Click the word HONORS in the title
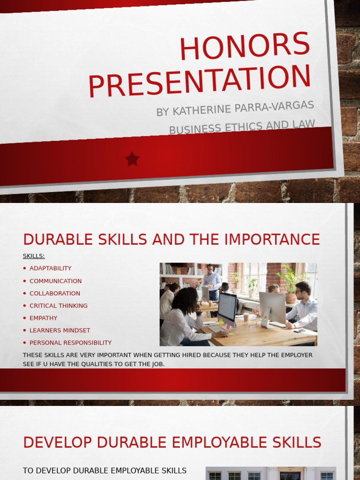pos(245,46)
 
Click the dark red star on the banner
pos(132,159)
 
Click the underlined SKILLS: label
pos(34,256)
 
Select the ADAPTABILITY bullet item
pos(50,269)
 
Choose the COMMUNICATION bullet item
pos(55,281)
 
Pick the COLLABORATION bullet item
pos(54,293)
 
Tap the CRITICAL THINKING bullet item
pos(58,306)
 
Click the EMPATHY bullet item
pos(43,318)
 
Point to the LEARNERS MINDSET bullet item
pos(60,330)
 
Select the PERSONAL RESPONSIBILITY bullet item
pos(70,343)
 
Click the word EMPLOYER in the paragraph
pos(294,355)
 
